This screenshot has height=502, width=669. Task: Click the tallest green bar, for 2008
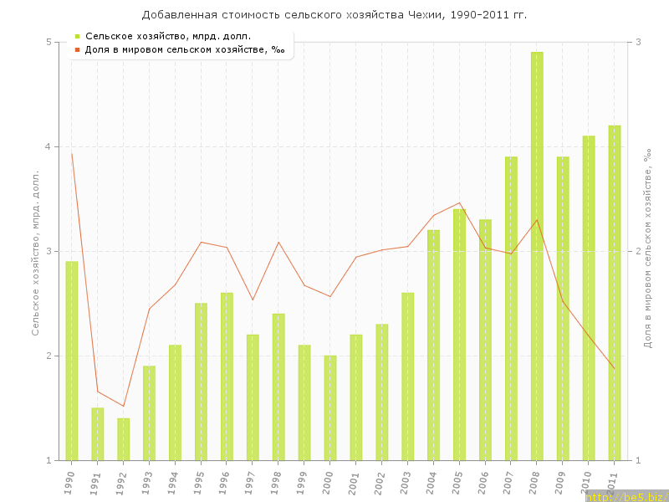click(537, 255)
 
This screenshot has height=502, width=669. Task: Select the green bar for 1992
click(124, 438)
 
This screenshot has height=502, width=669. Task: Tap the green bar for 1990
click(72, 360)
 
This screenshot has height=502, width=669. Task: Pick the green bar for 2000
click(330, 407)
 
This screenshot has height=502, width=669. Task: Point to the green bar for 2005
click(459, 335)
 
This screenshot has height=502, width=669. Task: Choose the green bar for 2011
click(615, 293)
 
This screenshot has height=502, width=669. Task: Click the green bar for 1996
click(227, 376)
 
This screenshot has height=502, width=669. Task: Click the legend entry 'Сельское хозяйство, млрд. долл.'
click(168, 36)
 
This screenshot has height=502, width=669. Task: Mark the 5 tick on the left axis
click(49, 42)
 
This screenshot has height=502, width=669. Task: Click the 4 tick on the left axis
click(49, 146)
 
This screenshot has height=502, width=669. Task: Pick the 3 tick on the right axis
click(638, 42)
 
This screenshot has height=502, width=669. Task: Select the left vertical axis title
click(36, 251)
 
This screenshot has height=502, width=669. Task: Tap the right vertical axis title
click(647, 251)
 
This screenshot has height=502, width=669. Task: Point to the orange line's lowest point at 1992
click(124, 406)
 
